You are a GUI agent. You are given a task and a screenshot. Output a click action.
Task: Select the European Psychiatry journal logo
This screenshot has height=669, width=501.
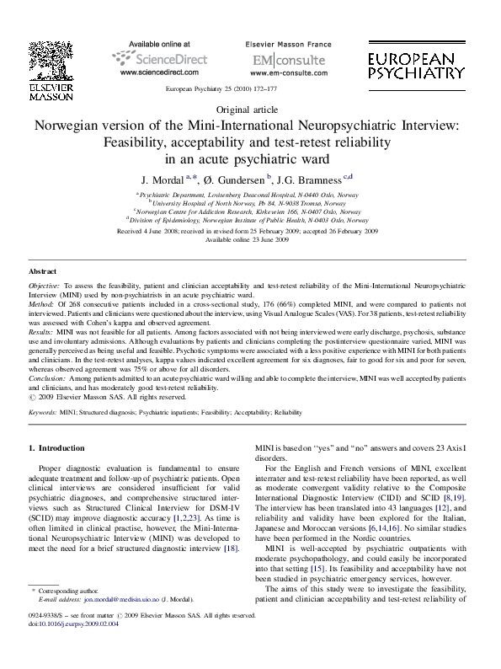click(x=417, y=62)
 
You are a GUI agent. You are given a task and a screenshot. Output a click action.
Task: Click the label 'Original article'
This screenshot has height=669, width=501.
click(x=250, y=110)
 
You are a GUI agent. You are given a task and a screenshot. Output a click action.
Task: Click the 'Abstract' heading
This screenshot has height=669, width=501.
click(x=43, y=272)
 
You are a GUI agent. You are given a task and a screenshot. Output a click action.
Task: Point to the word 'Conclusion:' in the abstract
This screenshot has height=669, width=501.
click(x=46, y=379)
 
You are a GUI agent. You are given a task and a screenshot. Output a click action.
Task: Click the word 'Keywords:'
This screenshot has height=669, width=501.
click(x=43, y=413)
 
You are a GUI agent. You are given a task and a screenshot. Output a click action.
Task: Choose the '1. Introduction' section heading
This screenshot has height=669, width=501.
click(x=56, y=448)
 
